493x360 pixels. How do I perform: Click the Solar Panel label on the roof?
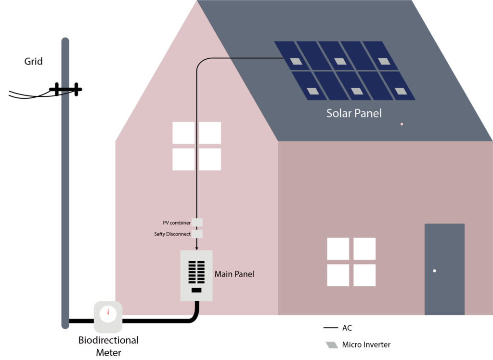click(354, 114)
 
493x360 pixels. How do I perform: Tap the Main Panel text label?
click(234, 274)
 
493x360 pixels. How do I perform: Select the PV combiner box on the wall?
click(197, 222)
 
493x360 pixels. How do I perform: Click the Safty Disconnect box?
click(197, 234)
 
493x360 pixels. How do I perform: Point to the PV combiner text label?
click(176, 223)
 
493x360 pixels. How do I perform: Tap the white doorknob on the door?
click(434, 271)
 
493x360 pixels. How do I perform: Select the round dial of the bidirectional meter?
click(108, 313)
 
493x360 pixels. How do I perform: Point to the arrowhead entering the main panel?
click(196, 248)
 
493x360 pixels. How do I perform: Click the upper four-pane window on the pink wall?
click(196, 146)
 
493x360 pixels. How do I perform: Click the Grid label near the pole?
click(34, 62)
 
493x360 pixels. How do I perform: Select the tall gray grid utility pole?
click(65, 183)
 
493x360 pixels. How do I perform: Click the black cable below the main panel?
click(196, 308)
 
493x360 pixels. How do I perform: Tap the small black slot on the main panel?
click(196, 290)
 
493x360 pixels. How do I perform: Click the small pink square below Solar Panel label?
click(402, 124)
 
